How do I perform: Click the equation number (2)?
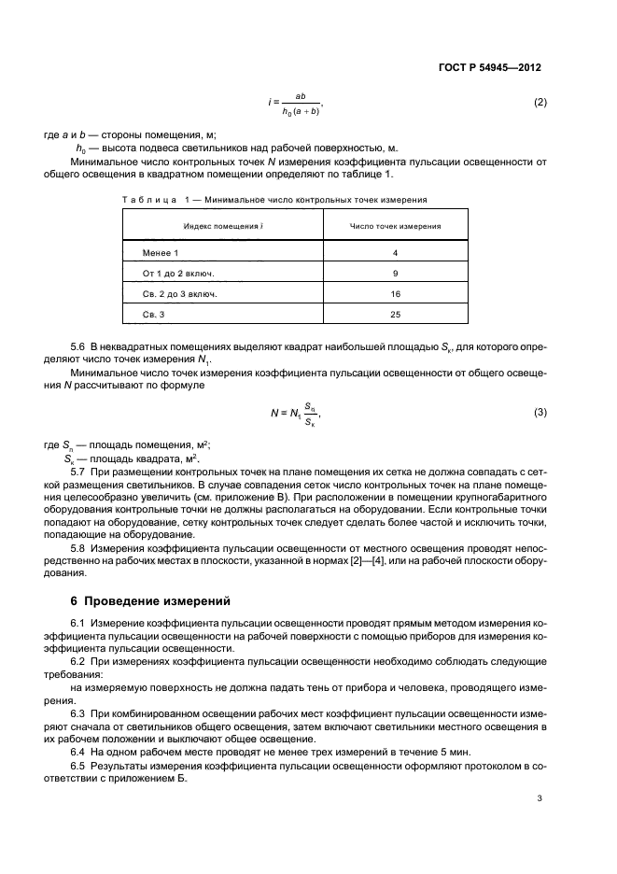coord(539,102)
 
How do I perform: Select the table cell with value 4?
coord(395,253)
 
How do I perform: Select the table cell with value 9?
coord(395,274)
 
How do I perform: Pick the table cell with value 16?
coord(395,294)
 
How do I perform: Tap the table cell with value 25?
coord(395,315)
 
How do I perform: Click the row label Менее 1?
coord(161,253)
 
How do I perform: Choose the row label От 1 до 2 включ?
coord(178,274)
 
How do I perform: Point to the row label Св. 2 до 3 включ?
coord(181,294)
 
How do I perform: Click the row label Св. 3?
coord(154,315)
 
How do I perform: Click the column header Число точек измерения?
coord(395,226)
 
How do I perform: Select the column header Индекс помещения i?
coord(221,226)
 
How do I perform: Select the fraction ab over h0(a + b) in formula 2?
coord(301,103)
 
